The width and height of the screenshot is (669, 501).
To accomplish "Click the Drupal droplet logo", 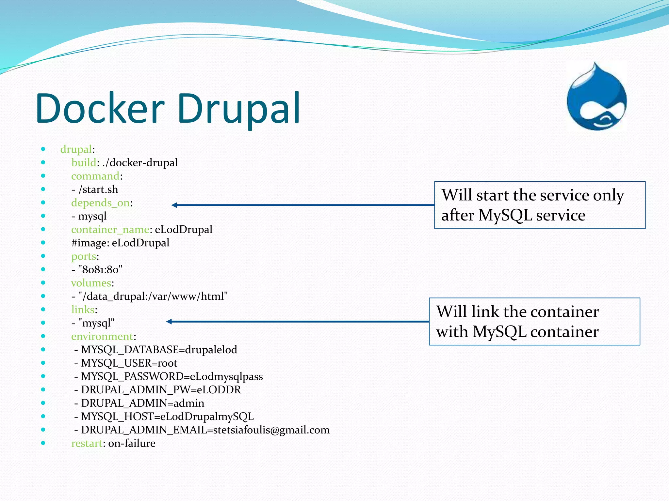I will tap(596, 98).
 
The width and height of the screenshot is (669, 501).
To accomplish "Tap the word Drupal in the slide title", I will tap(238, 108).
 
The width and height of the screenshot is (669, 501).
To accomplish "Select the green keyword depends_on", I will tap(100, 203).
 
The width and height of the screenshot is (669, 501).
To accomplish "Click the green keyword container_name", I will tap(110, 230).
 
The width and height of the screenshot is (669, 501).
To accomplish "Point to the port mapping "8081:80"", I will tap(100, 270).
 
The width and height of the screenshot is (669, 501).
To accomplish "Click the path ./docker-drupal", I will tap(140, 163).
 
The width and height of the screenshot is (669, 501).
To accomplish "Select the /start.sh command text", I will tap(98, 190).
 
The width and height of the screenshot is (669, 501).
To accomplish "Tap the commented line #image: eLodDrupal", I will tap(120, 243).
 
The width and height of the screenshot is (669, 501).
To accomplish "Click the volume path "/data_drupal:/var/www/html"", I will tap(153, 296).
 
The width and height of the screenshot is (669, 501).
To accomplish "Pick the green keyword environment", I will tap(102, 336).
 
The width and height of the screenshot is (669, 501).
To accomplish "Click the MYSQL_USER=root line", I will tap(129, 363).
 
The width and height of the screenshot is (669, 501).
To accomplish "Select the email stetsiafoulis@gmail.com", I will tap(271, 430).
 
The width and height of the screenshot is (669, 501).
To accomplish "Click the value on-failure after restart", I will tap(132, 443).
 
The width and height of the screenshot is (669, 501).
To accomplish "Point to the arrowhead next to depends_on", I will tap(174, 205).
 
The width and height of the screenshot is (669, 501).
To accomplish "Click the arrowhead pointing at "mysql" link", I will tap(169, 322).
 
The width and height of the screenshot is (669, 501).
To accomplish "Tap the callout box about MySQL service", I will tap(540, 205).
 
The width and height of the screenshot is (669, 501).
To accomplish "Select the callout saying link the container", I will tap(534, 322).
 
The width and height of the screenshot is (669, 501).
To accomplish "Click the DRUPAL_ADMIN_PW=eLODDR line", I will tap(161, 390).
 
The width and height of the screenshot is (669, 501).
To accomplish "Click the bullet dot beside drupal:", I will tap(43, 149).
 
